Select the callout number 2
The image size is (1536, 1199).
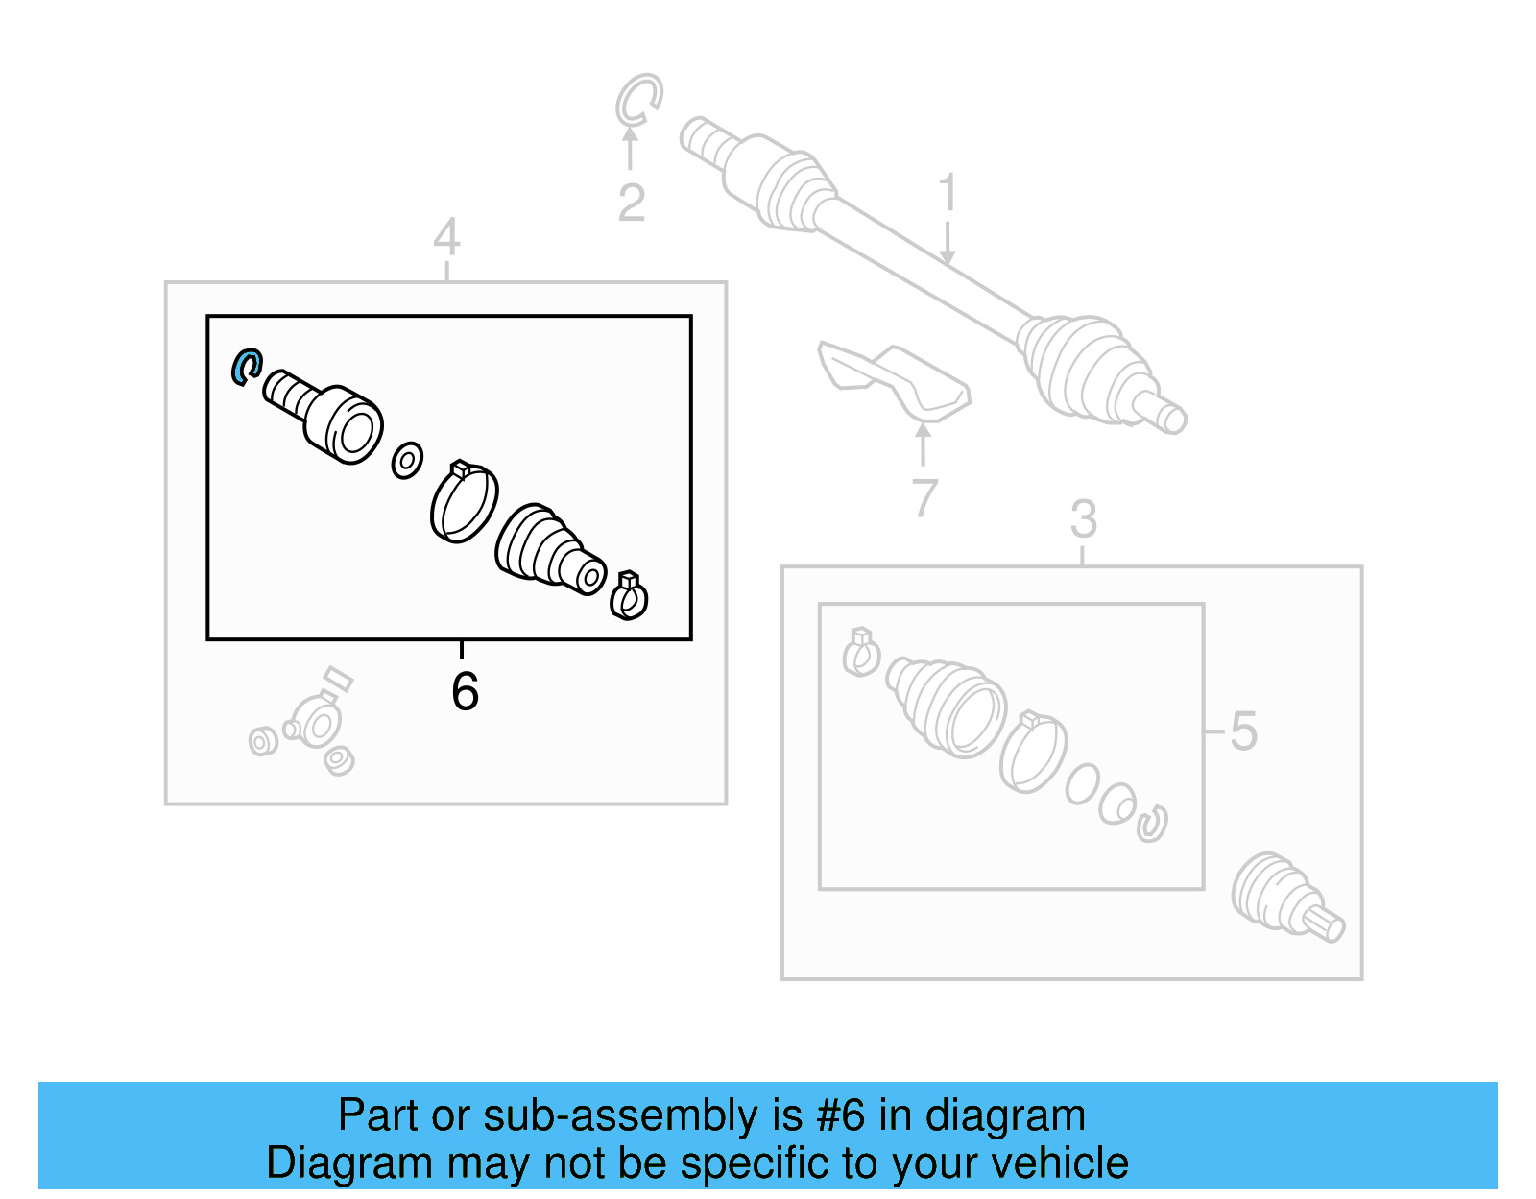pyautogui.click(x=632, y=203)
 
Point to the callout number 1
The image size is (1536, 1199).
pyautogui.click(x=948, y=191)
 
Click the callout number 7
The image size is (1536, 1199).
pyautogui.click(x=924, y=497)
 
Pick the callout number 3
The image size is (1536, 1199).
pyautogui.click(x=1084, y=518)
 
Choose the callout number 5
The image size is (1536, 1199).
pyautogui.click(x=1243, y=731)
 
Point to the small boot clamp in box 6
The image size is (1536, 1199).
pyautogui.click(x=629, y=595)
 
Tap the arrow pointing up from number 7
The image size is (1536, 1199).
pyautogui.click(x=923, y=444)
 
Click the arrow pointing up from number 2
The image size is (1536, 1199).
pyautogui.click(x=630, y=149)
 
